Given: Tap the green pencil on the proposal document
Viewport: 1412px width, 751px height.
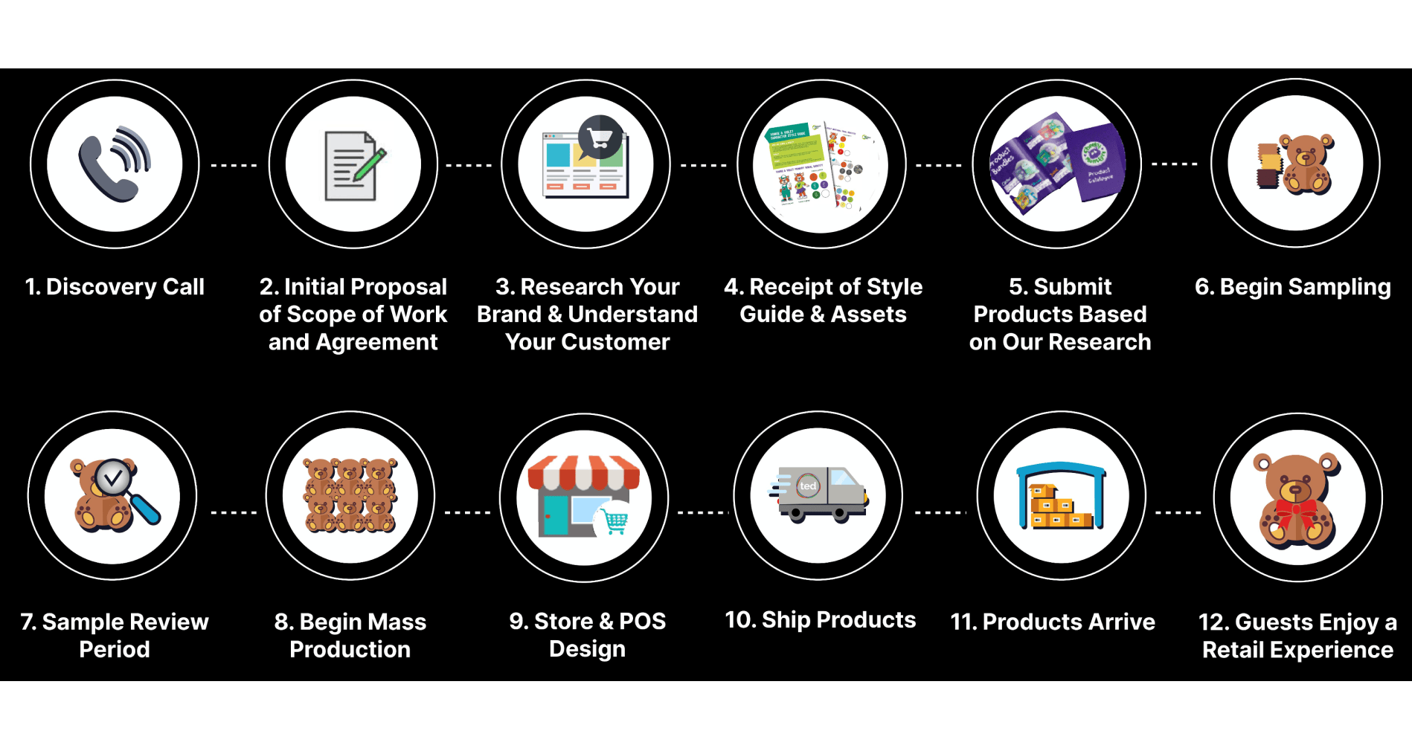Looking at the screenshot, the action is point(370,164).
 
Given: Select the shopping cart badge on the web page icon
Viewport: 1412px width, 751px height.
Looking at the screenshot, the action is point(600,137).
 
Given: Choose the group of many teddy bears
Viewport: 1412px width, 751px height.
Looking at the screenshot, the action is point(350,495).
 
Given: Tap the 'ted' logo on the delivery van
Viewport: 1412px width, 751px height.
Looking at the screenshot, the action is point(808,486).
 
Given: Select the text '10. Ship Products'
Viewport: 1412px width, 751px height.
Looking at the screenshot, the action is point(821,620).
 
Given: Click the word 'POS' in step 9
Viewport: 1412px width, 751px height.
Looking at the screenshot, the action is point(643,621).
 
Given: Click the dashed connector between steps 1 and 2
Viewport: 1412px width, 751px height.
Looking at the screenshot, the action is point(234,165).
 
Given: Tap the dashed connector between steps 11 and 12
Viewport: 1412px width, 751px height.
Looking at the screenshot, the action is point(1178,512).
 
